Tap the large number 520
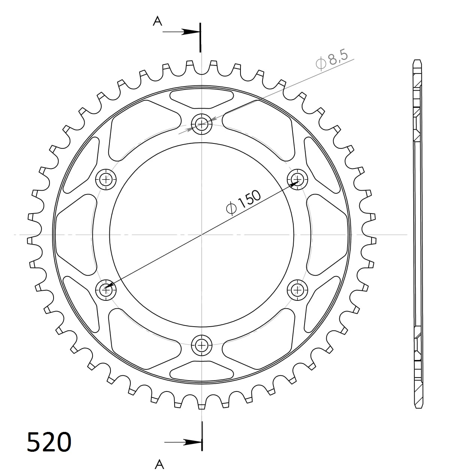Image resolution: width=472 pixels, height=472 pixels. pos(49,442)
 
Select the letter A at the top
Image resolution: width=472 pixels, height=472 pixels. pos(157,21)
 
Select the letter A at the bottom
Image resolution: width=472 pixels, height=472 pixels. pos(160,464)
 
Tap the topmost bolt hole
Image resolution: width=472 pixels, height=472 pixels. pos(202,123)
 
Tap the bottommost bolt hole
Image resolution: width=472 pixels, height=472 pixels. pos(202,345)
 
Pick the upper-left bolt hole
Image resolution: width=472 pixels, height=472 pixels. pos(106,179)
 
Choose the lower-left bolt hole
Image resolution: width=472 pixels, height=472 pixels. pos(106,289)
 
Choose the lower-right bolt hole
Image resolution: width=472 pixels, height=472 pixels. pos(297,289)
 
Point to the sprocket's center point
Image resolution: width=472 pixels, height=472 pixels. pos(202,235)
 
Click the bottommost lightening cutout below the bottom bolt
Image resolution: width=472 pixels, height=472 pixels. pos(202,370)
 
